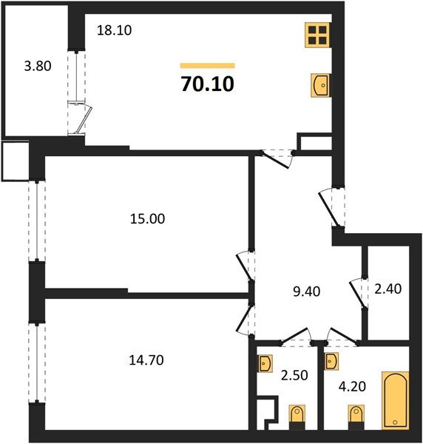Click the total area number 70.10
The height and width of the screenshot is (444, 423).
(207, 84)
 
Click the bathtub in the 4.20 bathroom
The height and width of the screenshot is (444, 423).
(395, 401)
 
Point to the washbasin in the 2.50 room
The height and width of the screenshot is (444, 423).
(265, 363)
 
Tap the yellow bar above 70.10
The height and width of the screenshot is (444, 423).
(207, 65)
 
